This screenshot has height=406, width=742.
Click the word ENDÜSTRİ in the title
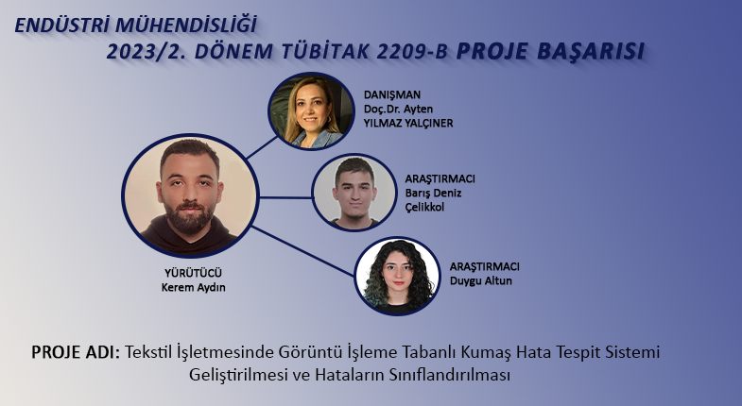[62, 25]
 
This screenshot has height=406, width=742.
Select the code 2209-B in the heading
[412, 52]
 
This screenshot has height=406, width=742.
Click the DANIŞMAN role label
[392, 94]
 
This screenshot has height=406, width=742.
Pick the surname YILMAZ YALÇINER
[408, 123]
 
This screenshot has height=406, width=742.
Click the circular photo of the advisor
[311, 111]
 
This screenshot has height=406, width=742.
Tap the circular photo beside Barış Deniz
[354, 193]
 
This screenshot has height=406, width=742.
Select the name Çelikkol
[424, 207]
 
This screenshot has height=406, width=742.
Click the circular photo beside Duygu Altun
[398, 276]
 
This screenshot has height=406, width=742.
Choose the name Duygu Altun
[481, 280]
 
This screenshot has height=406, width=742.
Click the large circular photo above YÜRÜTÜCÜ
[190, 195]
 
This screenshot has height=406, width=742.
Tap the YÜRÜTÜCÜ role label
[193, 273]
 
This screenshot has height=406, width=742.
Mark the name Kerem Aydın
[193, 287]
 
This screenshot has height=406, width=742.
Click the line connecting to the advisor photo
[262, 147]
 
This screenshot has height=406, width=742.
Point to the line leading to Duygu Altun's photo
[303, 251]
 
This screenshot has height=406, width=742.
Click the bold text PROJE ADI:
[76, 352]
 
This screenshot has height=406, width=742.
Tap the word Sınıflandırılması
[450, 375]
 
